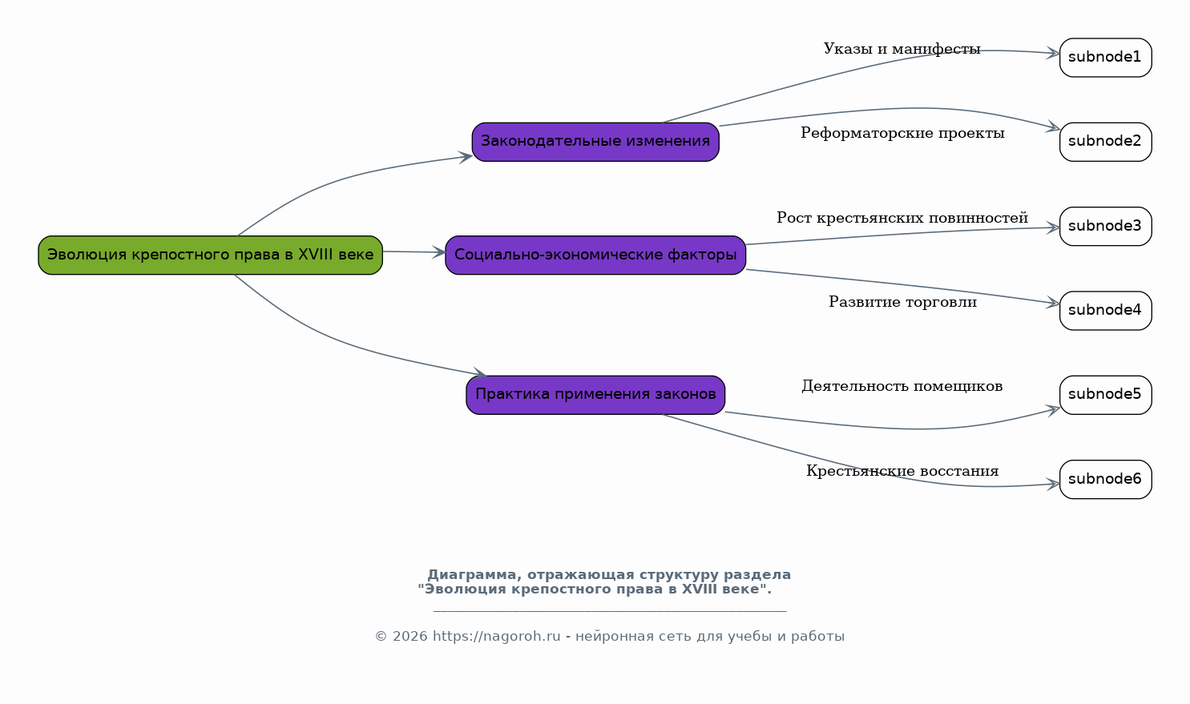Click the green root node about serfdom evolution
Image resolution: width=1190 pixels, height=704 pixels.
(211, 255)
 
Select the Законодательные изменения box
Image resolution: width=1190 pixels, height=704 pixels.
(595, 142)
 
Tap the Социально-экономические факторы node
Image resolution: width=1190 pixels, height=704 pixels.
(595, 255)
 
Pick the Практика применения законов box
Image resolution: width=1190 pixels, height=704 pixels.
(595, 395)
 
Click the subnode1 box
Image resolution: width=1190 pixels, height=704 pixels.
(1106, 58)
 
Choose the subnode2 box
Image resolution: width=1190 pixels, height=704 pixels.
(1106, 142)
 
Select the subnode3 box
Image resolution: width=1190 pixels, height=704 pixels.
(1106, 226)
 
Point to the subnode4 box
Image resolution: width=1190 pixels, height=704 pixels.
(1106, 311)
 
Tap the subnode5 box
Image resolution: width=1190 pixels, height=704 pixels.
(1106, 395)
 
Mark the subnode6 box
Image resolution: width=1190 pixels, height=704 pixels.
(1106, 480)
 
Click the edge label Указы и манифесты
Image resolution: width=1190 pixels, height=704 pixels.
(902, 49)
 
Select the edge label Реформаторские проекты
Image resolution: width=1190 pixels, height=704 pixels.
(902, 133)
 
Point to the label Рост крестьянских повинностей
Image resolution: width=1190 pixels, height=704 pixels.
(902, 218)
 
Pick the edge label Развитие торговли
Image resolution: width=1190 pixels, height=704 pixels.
(902, 302)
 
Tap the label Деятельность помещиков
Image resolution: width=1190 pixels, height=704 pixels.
(902, 386)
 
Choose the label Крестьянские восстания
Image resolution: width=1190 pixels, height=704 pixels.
(902, 471)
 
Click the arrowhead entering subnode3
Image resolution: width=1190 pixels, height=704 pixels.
(1053, 227)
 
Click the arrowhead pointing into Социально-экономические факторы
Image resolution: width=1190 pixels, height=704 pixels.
(439, 252)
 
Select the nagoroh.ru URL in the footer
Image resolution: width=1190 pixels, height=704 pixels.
(497, 636)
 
